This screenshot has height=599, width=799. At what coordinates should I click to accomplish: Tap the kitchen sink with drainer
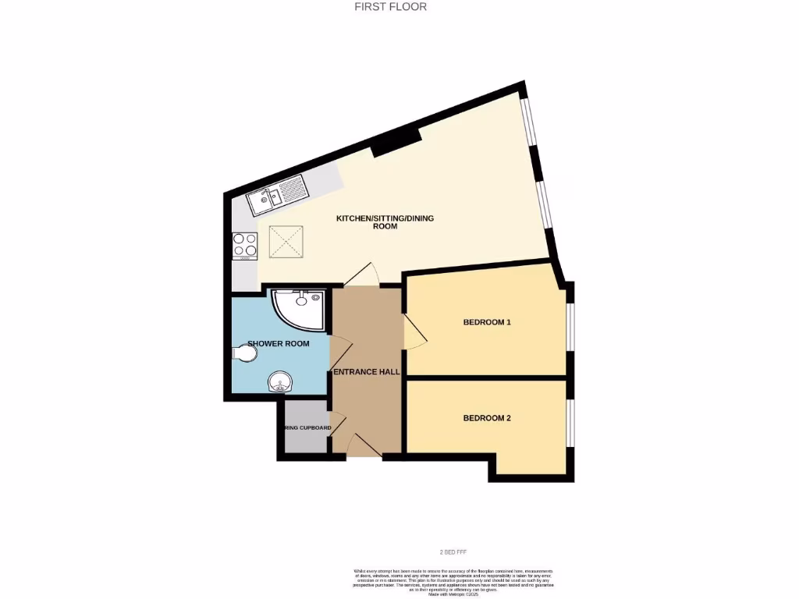[278, 195]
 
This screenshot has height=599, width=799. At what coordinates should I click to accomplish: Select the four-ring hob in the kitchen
[245, 246]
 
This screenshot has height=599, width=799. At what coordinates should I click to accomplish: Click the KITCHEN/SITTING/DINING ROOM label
[385, 222]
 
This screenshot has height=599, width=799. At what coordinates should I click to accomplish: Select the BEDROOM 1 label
[487, 321]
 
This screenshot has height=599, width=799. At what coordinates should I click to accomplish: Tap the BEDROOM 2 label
[487, 418]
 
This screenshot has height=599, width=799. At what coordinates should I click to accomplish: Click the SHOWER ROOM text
[279, 343]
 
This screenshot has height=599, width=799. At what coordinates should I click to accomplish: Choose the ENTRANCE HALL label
[367, 372]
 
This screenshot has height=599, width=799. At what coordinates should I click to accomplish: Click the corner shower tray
[297, 307]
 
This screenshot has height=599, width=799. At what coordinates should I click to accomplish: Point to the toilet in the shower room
[244, 354]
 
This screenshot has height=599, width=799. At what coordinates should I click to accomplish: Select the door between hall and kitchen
[361, 275]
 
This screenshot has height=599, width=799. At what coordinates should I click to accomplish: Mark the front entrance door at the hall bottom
[363, 446]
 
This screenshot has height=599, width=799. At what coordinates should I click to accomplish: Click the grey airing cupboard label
[307, 428]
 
